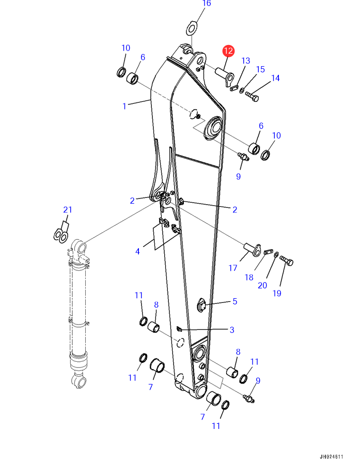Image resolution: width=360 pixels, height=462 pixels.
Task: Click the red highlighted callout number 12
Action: tap(228, 51)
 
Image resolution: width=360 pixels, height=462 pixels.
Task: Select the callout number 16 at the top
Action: tap(207, 3)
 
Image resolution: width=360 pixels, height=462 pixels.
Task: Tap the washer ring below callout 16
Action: tap(192, 28)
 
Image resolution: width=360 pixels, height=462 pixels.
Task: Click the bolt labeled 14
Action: tap(252, 96)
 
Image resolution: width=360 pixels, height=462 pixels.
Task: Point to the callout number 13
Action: tap(246, 60)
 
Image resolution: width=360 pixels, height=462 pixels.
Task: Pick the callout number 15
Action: tap(260, 69)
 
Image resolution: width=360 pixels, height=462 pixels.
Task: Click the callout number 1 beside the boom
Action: tap(124, 106)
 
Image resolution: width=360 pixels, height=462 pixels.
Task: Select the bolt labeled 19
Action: tap(286, 260)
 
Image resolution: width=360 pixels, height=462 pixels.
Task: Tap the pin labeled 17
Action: tap(253, 250)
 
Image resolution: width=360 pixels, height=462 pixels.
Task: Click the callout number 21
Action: tap(68, 210)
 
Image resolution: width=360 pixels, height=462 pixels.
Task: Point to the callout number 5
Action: tap(235, 301)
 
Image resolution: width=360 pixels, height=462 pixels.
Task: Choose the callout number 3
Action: tap(232, 330)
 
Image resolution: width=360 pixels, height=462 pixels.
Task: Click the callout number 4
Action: tap(137, 252)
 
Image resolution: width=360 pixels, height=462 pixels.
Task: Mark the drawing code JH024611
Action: tap(332, 457)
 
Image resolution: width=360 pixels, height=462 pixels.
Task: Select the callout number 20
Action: tap(262, 285)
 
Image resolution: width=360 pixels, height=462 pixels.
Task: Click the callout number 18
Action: tap(249, 278)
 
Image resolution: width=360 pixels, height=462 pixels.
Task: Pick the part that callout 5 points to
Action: tap(201, 305)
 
